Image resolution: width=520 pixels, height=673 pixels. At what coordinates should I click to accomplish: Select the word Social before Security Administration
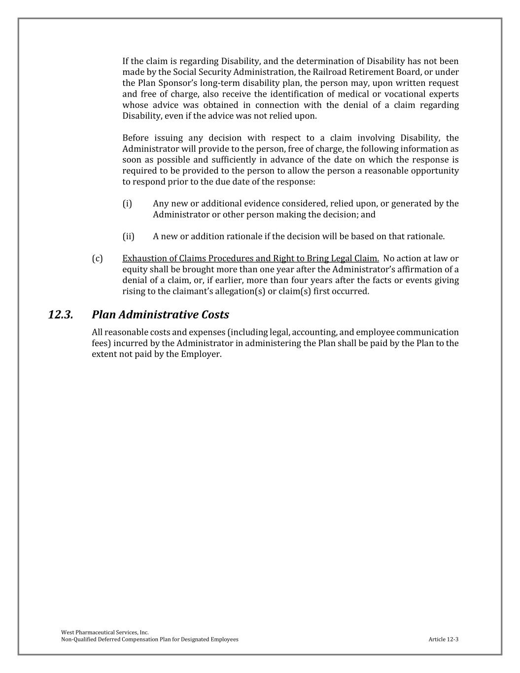point(186,72)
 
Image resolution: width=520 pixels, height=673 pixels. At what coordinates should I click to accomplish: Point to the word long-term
point(218,83)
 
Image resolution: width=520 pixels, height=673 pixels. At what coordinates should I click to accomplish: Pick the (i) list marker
point(127,204)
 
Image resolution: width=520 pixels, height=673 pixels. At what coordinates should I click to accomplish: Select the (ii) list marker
point(128,236)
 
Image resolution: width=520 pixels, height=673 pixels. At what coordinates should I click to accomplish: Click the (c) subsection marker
point(97,258)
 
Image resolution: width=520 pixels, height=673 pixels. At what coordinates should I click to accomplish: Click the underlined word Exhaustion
point(143,258)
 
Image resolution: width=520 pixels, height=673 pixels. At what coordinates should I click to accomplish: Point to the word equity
point(135,269)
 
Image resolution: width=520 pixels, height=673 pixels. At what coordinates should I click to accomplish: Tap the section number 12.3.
point(61,315)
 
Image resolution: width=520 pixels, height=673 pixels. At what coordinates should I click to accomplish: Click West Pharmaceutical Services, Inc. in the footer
point(105,632)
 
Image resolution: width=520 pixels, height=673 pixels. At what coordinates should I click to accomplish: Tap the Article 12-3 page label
point(444,639)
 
